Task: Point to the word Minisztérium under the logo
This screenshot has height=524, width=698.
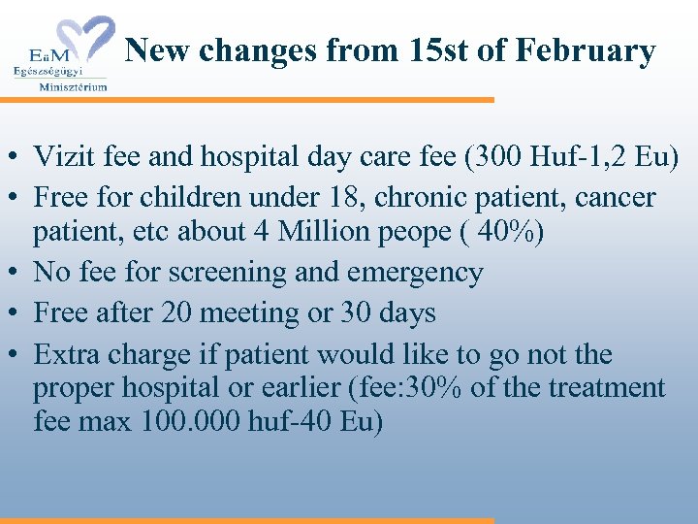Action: click(73, 86)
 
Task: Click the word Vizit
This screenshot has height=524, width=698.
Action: click(60, 155)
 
